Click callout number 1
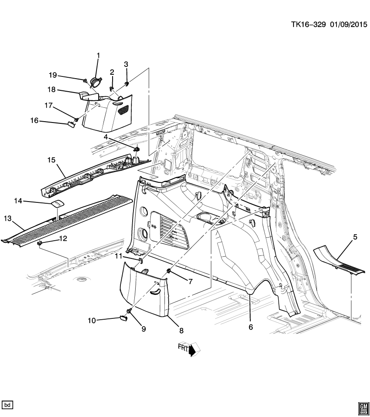pos(98,56)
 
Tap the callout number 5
pos(355,237)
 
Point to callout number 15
pos(52,160)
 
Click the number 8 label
pos(181,331)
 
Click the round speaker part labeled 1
pos(96,82)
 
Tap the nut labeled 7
pos(168,272)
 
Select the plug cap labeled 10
pos(123,319)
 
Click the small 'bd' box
pos(8,404)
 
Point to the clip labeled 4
pos(137,149)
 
